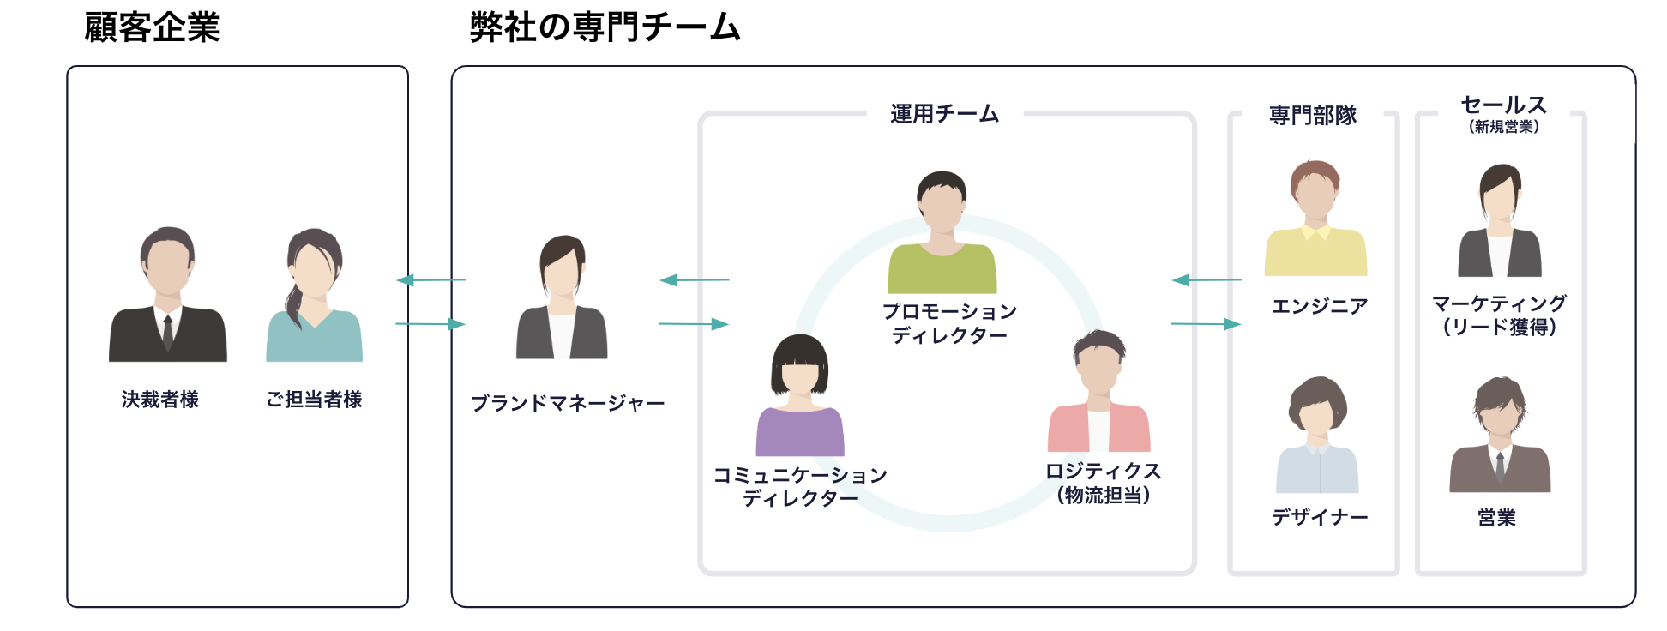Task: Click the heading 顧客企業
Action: (152, 27)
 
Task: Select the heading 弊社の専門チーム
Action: (605, 27)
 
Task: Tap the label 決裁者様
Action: (160, 400)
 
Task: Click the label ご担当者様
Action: (314, 400)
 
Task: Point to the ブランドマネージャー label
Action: (568, 403)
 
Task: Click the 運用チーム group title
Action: (944, 114)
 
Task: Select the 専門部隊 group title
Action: (1313, 116)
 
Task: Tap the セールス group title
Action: (1504, 105)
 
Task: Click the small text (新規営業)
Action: (1504, 127)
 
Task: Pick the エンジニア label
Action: (1320, 306)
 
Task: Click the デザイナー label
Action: (1320, 517)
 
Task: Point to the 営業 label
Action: (1497, 518)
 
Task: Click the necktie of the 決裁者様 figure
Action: (168, 333)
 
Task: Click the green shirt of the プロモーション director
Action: (942, 270)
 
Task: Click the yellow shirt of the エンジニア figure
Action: (1315, 252)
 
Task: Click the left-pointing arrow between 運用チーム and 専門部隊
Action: (1207, 279)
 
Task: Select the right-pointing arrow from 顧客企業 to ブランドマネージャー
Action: (430, 324)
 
